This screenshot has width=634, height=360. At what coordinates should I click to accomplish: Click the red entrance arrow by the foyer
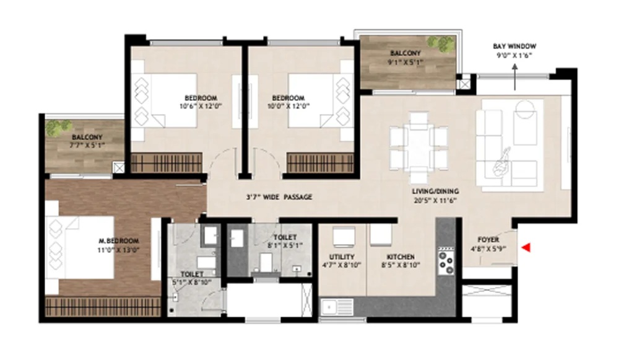tap(526, 248)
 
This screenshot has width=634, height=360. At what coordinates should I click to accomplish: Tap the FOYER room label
tap(489, 240)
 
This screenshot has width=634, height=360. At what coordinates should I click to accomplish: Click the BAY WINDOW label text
tap(515, 46)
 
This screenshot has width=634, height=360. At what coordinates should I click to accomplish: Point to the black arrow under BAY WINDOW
tap(515, 77)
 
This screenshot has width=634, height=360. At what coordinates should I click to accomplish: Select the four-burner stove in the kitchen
tap(446, 261)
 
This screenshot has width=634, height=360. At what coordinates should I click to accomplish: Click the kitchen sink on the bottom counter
tap(337, 307)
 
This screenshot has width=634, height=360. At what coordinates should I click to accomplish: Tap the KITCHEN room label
tap(401, 257)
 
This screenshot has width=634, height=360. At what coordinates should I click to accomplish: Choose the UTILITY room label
tap(342, 257)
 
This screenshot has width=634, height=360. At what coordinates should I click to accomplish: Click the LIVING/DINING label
tap(435, 191)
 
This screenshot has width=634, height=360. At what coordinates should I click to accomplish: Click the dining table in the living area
tap(419, 148)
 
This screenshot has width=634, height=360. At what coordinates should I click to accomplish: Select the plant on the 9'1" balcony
tap(441, 44)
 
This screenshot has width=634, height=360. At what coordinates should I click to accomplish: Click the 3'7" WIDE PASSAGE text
tap(279, 197)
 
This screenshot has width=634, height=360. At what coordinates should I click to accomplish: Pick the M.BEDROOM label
tap(119, 241)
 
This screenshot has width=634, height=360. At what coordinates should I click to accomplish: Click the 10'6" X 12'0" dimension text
tap(201, 107)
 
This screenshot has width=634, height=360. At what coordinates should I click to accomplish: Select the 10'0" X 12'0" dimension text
tap(289, 107)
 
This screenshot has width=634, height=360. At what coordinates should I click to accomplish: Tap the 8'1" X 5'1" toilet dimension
tap(285, 245)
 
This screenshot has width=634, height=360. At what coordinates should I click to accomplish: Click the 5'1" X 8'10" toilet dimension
tap(191, 283)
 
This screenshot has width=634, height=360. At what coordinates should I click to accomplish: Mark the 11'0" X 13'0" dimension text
tap(118, 250)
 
